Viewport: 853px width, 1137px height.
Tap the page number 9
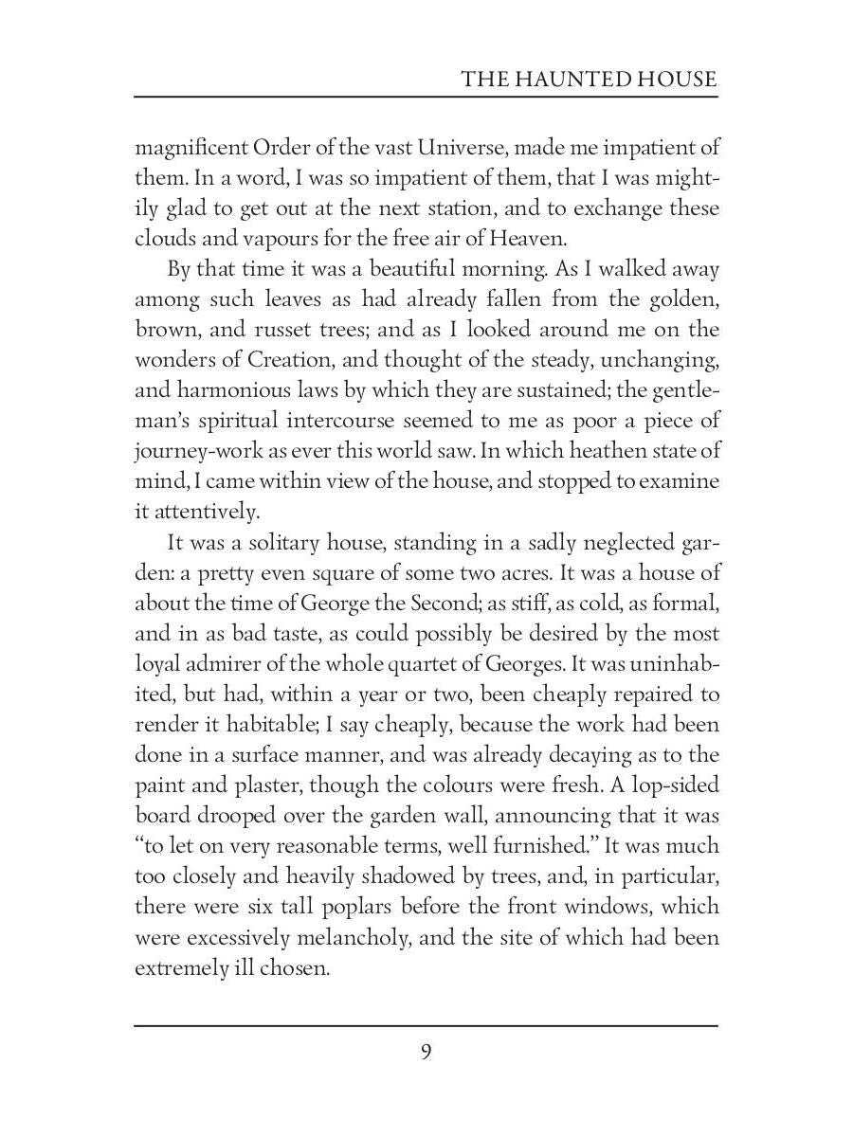pyautogui.click(x=426, y=1053)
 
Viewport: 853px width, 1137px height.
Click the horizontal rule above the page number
pyautogui.click(x=426, y=1025)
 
